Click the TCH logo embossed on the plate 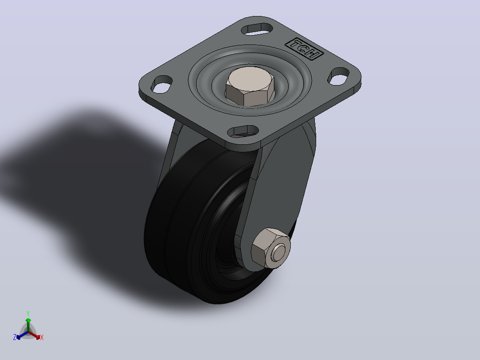point(304,49)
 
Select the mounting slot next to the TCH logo point(257,29)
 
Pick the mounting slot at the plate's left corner point(162,84)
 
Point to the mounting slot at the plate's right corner point(338,76)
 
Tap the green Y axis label point(28,314)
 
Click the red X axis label point(42,337)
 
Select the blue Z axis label point(14,337)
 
